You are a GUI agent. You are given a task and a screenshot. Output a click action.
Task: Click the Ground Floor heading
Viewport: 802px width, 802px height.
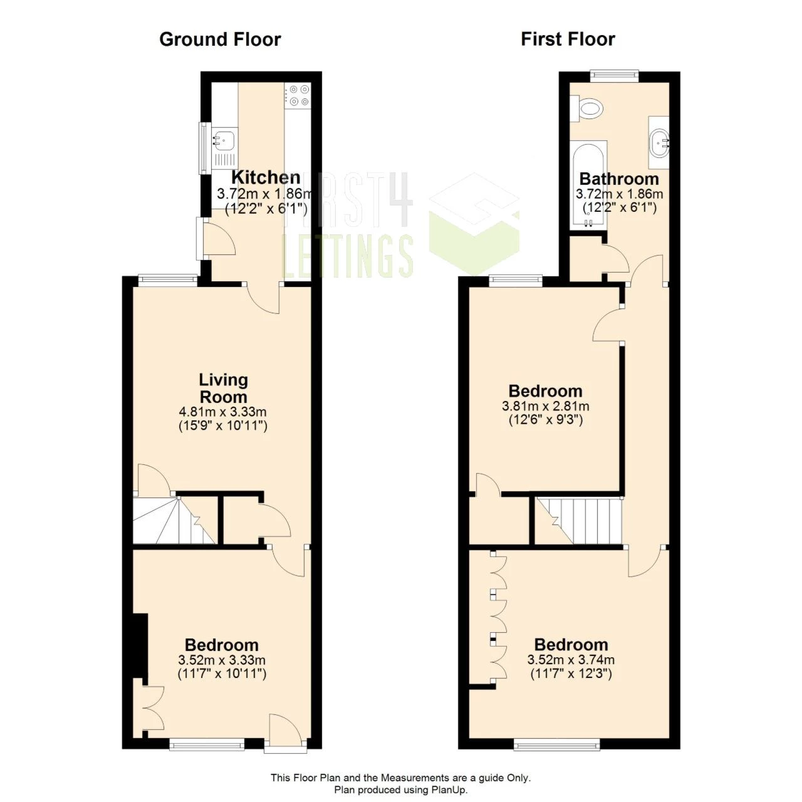(x=220, y=39)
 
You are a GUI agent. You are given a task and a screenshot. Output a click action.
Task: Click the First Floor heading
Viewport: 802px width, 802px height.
(x=568, y=39)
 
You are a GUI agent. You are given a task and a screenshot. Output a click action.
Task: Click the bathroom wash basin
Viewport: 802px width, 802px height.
(x=659, y=142)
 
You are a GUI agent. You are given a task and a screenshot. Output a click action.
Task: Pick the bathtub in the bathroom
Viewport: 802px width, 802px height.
(x=588, y=185)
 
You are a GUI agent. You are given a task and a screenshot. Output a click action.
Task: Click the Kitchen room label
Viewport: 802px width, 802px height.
(x=266, y=177)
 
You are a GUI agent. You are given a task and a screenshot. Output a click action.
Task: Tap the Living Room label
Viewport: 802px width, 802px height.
(x=223, y=388)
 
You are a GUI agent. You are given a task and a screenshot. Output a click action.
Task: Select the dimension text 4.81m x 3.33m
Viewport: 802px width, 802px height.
(x=223, y=412)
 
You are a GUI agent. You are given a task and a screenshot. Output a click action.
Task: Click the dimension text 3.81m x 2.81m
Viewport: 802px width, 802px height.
(x=545, y=406)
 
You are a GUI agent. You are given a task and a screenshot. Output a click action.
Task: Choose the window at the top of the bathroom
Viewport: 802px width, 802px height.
(x=615, y=75)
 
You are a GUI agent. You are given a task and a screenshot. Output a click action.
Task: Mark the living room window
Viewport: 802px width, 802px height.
(x=167, y=280)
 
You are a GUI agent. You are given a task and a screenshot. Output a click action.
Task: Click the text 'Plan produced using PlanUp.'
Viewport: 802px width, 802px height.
(x=400, y=790)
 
